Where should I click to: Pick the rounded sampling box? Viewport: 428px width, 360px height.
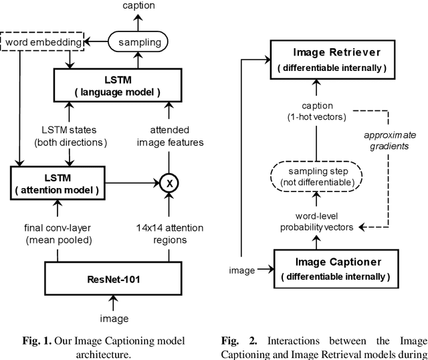click(138, 42)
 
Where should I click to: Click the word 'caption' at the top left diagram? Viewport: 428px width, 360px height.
click(138, 6)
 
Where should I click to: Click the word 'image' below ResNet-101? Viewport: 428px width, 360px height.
click(114, 318)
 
